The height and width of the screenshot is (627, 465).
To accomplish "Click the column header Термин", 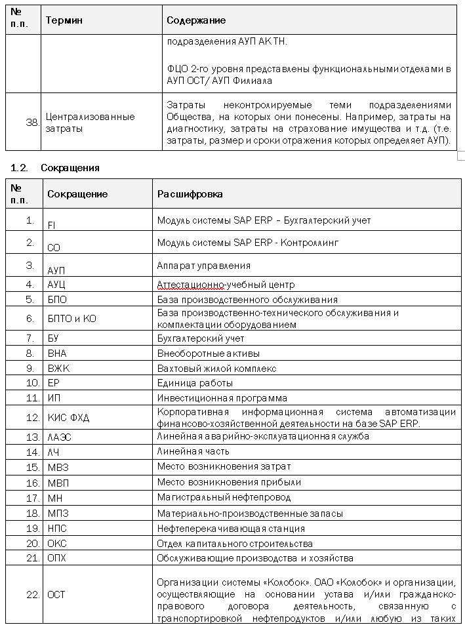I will point(64,20).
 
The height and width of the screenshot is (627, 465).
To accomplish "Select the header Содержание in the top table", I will point(196,20).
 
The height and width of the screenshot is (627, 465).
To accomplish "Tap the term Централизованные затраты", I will point(91,122).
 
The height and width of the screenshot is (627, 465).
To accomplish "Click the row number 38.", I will point(32,122).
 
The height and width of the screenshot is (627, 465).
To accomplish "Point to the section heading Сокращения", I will point(70,168).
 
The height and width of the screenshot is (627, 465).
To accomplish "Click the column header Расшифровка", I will point(190,194).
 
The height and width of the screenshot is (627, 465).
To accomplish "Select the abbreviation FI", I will point(51,225).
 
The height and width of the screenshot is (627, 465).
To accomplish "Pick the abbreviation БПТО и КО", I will point(71,318).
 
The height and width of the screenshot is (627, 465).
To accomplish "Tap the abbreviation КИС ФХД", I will point(68,417).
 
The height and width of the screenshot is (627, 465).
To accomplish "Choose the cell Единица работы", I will point(195,382).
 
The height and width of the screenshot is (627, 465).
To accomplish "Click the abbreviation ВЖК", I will point(58,368).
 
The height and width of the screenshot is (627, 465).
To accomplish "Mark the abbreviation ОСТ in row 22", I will point(56,594).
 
